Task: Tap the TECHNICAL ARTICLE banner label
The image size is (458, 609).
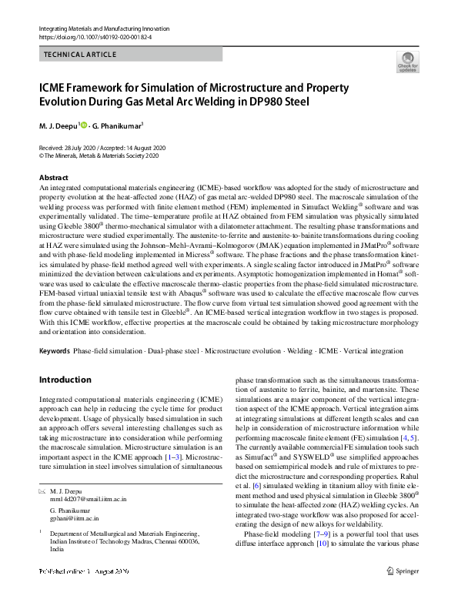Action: (x=80, y=55)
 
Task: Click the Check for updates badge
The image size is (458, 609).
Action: (x=406, y=62)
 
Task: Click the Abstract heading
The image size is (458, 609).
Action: (x=53, y=178)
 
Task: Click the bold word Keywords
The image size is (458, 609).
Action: (x=54, y=350)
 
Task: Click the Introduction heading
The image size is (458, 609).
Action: (x=65, y=380)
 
